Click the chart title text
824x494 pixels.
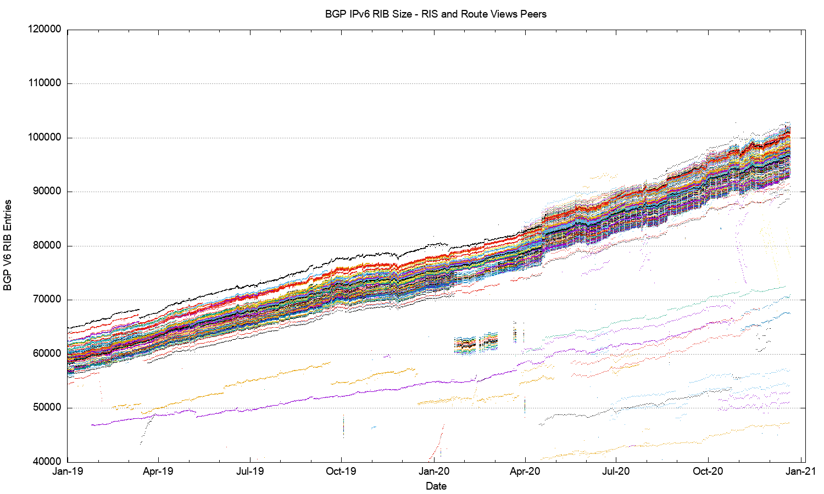(436, 14)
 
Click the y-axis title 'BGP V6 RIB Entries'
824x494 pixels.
(8, 245)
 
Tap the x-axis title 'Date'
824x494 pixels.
(436, 486)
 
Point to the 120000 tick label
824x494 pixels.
(44, 30)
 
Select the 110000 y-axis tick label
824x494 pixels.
(44, 83)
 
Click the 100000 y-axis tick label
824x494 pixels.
(44, 138)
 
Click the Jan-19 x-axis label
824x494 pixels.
(68, 471)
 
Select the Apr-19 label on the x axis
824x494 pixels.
(158, 471)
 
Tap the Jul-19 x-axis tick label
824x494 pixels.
(250, 471)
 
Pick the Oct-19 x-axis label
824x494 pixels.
(341, 471)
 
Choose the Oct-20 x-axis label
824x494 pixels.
(708, 471)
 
